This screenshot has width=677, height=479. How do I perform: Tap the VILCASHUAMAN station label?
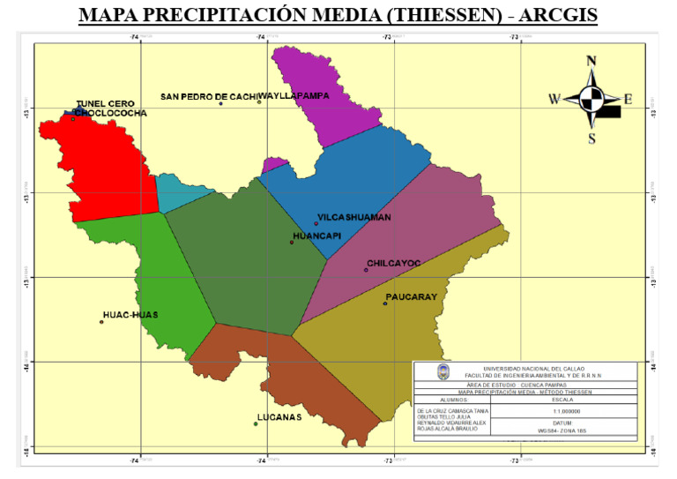click(353, 217)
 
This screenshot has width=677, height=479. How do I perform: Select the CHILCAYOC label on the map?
click(393, 263)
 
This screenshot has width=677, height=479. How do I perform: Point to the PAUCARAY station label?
click(411, 297)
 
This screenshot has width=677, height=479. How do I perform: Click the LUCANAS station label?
click(279, 416)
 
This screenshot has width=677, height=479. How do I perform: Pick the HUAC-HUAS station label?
click(130, 314)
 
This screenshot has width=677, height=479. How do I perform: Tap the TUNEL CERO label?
click(105, 103)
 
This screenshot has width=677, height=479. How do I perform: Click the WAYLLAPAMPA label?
click(294, 95)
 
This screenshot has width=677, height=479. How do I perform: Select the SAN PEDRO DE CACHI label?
click(208, 95)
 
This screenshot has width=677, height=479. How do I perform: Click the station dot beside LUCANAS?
click(256, 424)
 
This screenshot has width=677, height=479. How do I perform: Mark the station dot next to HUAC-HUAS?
click(101, 322)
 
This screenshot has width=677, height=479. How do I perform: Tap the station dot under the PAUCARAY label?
click(385, 303)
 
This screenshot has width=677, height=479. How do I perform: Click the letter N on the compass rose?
click(591, 61)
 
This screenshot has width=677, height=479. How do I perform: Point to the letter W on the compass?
click(554, 100)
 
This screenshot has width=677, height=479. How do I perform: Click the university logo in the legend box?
click(442, 372)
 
